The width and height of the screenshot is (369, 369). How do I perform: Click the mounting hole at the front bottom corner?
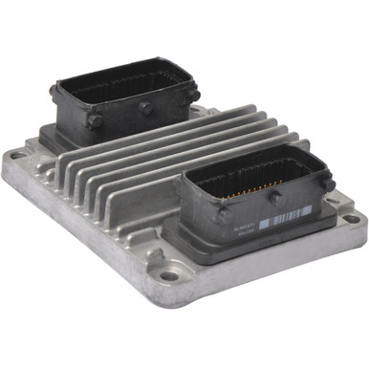(x=170, y=276)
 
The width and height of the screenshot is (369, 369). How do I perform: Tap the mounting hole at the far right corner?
(x=351, y=218)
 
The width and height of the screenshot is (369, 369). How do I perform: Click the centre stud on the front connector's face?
(x=274, y=195)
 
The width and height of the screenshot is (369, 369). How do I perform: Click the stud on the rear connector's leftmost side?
(x=54, y=92)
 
